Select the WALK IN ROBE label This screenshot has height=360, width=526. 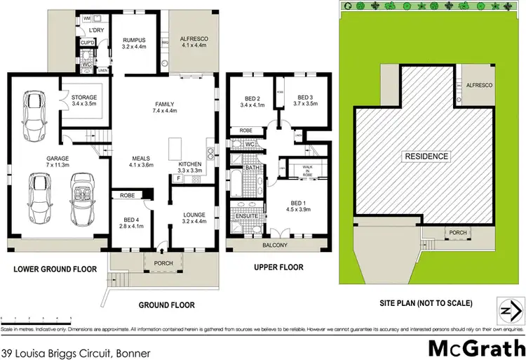[x=307, y=171]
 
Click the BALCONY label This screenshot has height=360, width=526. [x=276, y=245]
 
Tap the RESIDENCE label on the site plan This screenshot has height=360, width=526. [x=425, y=156]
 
